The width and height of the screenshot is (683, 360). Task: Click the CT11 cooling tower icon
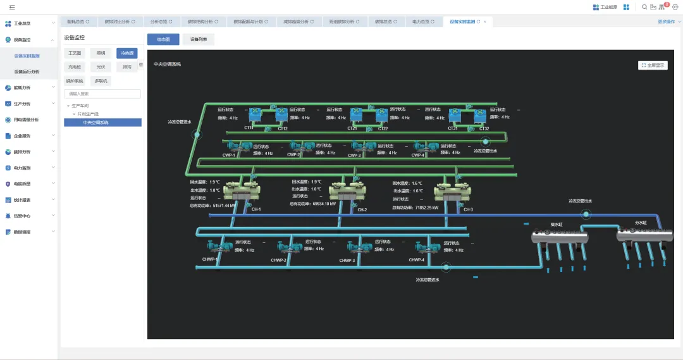click(x=255, y=115)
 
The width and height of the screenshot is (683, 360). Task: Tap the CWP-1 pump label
click(x=229, y=155)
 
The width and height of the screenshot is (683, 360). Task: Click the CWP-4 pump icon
click(x=431, y=147)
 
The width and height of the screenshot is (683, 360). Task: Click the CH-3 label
click(x=468, y=209)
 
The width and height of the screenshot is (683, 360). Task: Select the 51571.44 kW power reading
click(x=224, y=206)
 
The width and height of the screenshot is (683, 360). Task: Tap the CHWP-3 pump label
click(x=347, y=260)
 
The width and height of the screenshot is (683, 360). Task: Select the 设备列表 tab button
click(x=199, y=39)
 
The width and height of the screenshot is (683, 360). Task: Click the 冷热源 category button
click(x=127, y=53)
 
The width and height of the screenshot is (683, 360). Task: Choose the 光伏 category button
click(x=101, y=66)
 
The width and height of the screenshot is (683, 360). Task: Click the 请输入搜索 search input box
click(x=102, y=94)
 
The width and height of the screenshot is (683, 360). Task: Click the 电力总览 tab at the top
click(x=421, y=22)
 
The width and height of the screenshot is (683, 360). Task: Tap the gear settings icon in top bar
click(x=675, y=7)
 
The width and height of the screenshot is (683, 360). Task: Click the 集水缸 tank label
click(x=557, y=223)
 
